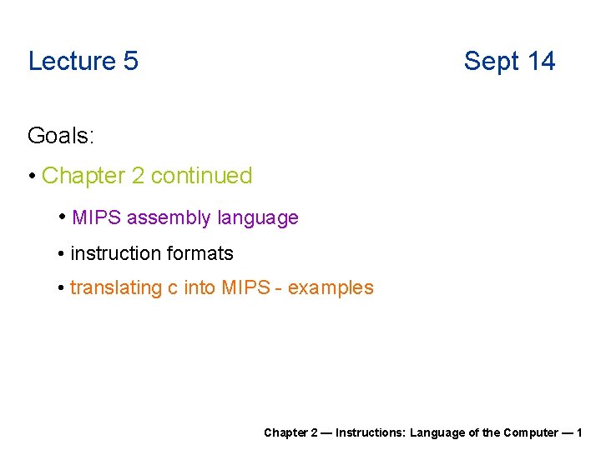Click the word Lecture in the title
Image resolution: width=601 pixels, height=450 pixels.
[71, 61]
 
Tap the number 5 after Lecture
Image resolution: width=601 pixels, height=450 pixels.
[129, 61]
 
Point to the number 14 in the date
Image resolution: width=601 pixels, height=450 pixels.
[541, 61]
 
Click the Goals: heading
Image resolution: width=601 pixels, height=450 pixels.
[60, 135]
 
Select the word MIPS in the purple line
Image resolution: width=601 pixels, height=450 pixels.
[97, 218]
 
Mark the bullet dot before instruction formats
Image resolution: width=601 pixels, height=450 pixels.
[62, 253]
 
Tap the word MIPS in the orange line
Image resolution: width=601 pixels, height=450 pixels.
[246, 288]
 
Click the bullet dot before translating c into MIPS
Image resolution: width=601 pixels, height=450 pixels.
[62, 288]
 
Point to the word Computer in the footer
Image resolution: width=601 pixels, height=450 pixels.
[530, 432]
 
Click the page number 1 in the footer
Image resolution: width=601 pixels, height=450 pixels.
[578, 432]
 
